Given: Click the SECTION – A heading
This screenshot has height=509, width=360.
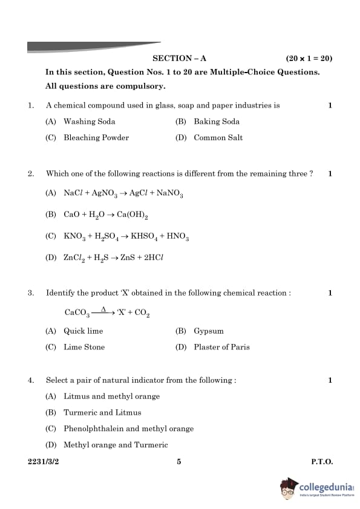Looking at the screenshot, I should [179, 59].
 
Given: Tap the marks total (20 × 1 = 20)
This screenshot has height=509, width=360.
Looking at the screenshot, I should [309, 59].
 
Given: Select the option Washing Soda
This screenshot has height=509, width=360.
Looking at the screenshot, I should [89, 122].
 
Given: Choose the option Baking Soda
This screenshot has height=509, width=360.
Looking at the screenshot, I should [216, 122].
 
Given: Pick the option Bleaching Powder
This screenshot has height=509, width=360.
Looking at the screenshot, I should [96, 138].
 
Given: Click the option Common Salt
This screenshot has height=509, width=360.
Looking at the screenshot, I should [218, 138].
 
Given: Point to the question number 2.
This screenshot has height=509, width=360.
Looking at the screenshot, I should [30, 174].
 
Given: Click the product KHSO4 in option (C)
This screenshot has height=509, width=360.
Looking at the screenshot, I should [144, 237].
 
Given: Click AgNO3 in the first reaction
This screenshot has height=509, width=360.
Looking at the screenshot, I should [104, 194].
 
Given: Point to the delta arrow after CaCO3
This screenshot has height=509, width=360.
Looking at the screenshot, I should [103, 311].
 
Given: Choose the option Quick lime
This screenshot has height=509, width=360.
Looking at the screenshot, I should [83, 331].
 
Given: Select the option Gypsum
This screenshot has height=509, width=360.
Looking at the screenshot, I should [209, 331].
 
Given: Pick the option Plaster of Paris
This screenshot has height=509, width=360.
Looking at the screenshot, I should [221, 347].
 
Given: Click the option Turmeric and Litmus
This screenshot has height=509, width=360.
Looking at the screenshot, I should [102, 413].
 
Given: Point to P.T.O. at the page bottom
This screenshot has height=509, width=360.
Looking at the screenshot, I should [322, 462].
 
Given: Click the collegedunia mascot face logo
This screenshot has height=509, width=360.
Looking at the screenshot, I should [290, 487].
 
